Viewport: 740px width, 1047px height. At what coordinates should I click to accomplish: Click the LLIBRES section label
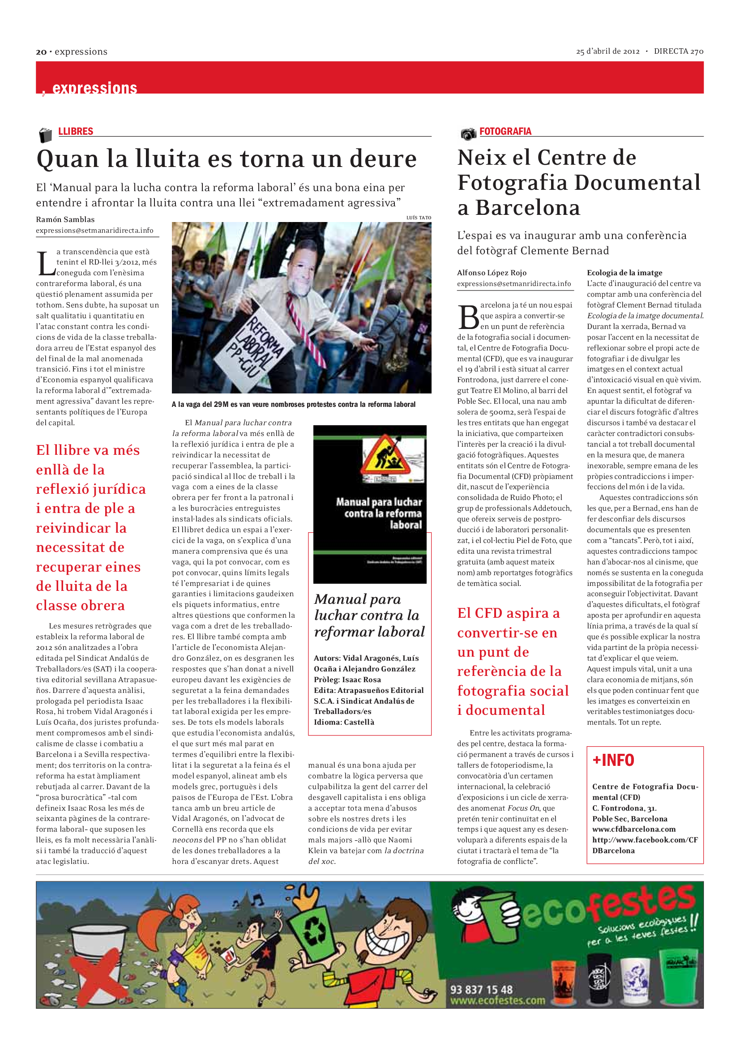coord(75,131)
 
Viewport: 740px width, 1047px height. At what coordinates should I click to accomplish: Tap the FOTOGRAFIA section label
coord(505,131)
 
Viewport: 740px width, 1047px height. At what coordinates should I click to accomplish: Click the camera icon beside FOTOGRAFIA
coord(468,133)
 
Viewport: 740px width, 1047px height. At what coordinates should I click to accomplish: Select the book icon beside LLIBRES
coord(45,135)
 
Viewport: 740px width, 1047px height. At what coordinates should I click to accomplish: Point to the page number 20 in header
coord(41,52)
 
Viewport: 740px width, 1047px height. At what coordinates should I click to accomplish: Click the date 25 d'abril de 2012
coord(607,51)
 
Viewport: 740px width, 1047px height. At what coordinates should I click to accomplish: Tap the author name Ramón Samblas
coord(65,219)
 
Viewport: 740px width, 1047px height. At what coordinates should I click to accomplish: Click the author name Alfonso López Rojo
coord(492,273)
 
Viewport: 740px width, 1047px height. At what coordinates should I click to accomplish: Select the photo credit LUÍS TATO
coord(419,218)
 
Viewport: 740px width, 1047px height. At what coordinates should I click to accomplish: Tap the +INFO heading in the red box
coord(613,760)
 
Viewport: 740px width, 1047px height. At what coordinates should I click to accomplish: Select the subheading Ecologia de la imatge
coord(624,273)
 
